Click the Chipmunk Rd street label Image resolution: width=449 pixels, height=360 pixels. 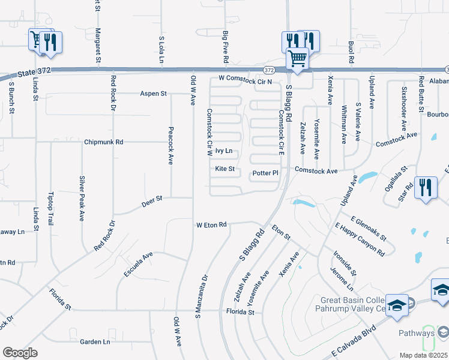pyautogui.click(x=103, y=142)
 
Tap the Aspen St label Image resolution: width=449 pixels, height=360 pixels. pyautogui.click(x=153, y=94)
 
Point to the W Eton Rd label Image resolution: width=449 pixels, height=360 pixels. pyautogui.click(x=211, y=225)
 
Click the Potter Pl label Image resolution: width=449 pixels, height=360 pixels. pyautogui.click(x=265, y=173)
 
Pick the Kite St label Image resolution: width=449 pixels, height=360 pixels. pyautogui.click(x=224, y=169)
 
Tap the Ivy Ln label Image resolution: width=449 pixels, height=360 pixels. pyautogui.click(x=223, y=152)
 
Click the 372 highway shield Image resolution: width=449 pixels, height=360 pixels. pyautogui.click(x=270, y=70)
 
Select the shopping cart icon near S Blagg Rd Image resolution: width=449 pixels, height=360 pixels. pyautogui.click(x=297, y=59)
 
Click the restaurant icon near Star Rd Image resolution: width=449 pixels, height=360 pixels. pyautogui.click(x=426, y=187)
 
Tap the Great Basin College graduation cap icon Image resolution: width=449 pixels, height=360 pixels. pyautogui.click(x=397, y=305)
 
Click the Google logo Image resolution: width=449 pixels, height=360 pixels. pyautogui.click(x=20, y=353)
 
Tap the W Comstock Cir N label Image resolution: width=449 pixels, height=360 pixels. pyautogui.click(x=246, y=79)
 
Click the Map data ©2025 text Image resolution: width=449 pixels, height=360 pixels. pyautogui.click(x=424, y=355)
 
